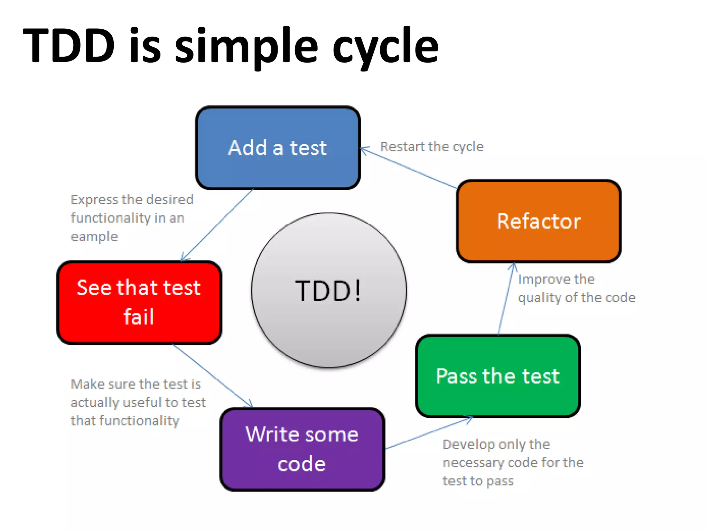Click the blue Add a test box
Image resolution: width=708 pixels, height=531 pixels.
(x=278, y=148)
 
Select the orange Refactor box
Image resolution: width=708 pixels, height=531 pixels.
(x=539, y=221)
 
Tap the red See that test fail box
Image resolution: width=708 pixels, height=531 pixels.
(x=139, y=302)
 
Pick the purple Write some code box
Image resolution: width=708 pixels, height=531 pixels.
(x=302, y=449)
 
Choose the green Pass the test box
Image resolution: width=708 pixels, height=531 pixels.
(x=498, y=376)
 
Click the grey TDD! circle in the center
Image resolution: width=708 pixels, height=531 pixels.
(x=329, y=290)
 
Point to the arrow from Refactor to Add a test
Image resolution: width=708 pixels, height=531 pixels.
(x=408, y=168)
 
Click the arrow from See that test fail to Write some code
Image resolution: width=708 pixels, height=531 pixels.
(x=212, y=375)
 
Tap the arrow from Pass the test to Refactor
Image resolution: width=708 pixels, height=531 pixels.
(x=506, y=299)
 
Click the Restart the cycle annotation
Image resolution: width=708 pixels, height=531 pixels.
(x=432, y=147)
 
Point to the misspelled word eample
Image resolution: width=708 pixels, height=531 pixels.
(x=94, y=237)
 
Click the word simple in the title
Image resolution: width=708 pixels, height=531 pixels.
(x=246, y=46)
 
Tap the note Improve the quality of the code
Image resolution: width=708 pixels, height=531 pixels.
(x=576, y=288)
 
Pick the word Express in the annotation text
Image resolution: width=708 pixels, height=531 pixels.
(x=94, y=200)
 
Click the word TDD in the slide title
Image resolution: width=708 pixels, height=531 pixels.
(x=69, y=46)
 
